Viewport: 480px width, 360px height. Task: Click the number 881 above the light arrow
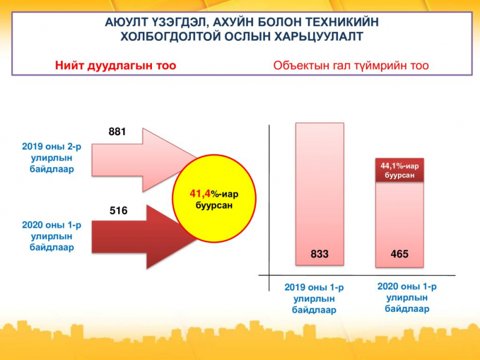117,131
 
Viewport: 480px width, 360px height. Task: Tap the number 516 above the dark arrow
119,211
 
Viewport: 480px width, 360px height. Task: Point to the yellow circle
214,199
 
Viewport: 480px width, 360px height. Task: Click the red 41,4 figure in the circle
200,194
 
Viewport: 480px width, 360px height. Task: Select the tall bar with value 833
319,194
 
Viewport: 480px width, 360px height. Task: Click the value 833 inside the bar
319,254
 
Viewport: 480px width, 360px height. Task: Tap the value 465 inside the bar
400,254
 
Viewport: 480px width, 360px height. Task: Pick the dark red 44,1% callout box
400,170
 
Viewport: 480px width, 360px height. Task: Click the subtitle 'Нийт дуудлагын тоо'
115,66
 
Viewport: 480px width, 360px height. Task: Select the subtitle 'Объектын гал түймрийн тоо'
351,66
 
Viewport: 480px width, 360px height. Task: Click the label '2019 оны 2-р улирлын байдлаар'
51,158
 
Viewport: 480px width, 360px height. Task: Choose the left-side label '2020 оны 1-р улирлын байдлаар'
51,236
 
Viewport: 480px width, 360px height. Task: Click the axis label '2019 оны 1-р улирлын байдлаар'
314,298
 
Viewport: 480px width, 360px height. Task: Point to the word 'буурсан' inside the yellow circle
214,205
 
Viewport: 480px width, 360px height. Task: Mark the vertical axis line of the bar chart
269,208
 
